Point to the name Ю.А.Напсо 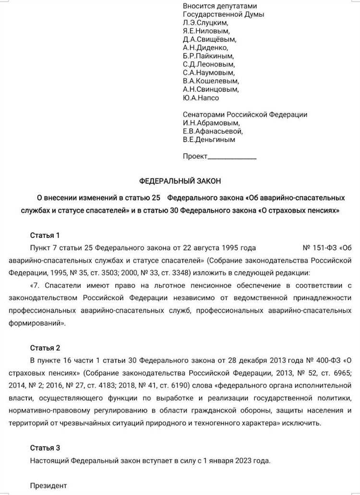pos(201,98)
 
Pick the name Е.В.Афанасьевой pos(213,131)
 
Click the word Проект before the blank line pos(195,156)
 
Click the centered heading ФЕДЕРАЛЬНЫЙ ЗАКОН pos(180,181)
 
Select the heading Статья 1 pos(45,235)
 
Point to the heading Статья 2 pos(45,348)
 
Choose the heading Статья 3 pos(45,448)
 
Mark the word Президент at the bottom pos(48,485)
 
